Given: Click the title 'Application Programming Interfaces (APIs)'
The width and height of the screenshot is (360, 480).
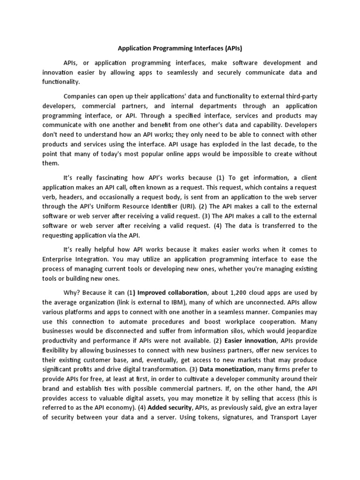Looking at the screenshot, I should [x=180, y=48].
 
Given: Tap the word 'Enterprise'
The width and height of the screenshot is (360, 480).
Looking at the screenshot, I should [x=60, y=259].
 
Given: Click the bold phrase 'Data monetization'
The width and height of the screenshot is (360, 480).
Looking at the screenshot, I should [x=227, y=369].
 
